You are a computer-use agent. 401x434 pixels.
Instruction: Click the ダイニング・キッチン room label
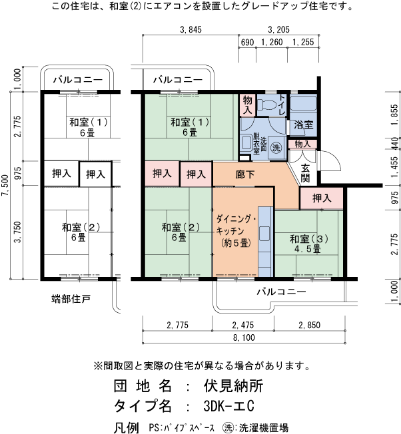[233, 230]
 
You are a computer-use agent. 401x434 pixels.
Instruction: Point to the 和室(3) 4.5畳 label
[306, 244]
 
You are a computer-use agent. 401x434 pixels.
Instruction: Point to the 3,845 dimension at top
[191, 29]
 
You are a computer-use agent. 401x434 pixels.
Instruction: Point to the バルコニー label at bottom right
[280, 292]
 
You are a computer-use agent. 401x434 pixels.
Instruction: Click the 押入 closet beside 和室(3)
[322, 198]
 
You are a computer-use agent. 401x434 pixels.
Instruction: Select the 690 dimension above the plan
[247, 43]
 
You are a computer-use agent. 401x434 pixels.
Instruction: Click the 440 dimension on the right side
[394, 143]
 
